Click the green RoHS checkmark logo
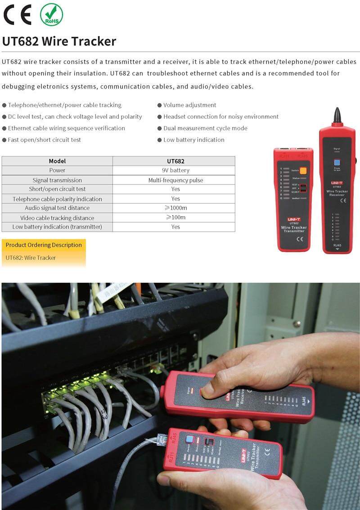click(x=51, y=14)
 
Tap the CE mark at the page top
click(x=18, y=14)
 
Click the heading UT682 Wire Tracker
click(x=59, y=41)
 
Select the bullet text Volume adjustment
click(x=189, y=105)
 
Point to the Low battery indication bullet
click(x=193, y=140)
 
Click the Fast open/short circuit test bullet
click(x=44, y=140)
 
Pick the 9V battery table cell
click(x=175, y=170)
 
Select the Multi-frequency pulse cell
click(x=175, y=180)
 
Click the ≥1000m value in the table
click(x=175, y=208)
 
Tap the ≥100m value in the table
click(x=175, y=217)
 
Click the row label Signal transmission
click(x=57, y=180)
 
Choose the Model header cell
click(x=57, y=161)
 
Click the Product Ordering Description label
click(x=44, y=245)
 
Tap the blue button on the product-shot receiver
click(x=337, y=163)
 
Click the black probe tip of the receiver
click(x=337, y=116)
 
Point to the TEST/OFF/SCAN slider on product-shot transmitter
click(x=303, y=188)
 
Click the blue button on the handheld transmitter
click(x=189, y=439)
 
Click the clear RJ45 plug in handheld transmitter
click(x=161, y=438)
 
